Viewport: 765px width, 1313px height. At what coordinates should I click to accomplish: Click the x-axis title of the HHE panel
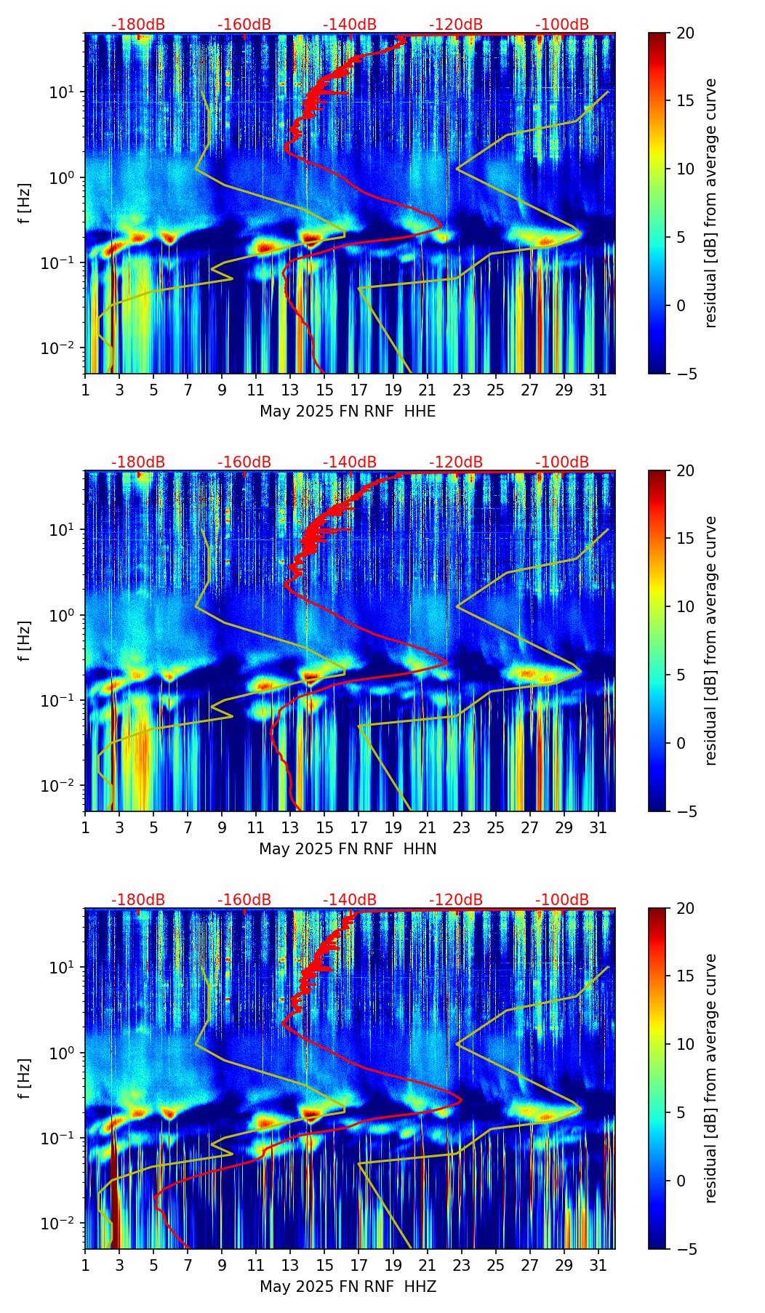[348, 411]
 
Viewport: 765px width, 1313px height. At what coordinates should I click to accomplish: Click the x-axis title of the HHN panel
[348, 849]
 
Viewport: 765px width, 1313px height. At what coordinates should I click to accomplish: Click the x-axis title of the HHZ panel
[348, 1287]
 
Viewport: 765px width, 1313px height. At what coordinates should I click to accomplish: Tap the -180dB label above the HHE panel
[138, 25]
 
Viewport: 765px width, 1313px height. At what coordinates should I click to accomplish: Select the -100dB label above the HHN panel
[562, 462]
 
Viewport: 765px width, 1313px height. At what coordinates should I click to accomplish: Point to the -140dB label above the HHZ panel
[350, 900]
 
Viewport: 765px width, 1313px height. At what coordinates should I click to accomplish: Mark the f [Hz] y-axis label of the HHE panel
[25, 204]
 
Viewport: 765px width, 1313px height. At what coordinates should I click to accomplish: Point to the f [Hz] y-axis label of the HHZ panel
[25, 1079]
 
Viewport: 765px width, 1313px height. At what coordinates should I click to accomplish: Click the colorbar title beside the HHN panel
[710, 641]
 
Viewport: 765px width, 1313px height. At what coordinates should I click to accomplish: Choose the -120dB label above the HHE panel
[456, 25]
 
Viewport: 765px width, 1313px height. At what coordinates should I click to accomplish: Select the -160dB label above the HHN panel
[244, 462]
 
